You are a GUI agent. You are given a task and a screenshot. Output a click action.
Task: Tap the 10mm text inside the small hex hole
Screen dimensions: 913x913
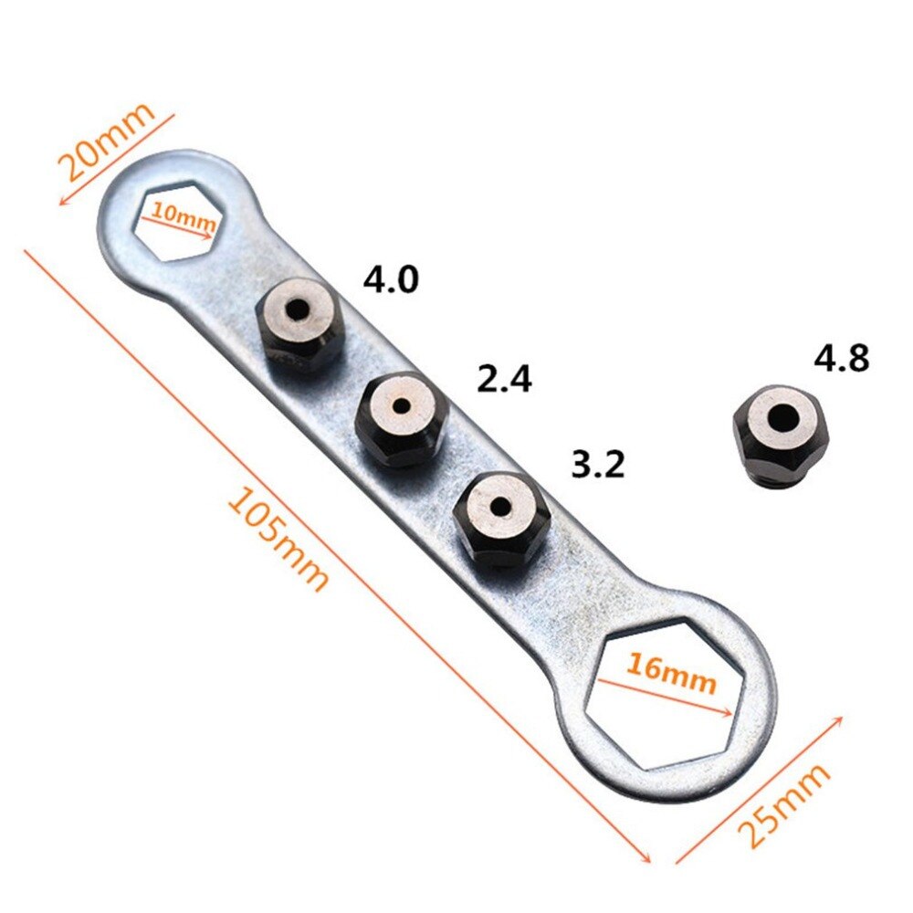(178, 217)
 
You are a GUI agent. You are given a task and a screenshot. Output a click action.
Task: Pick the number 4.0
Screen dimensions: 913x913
(391, 279)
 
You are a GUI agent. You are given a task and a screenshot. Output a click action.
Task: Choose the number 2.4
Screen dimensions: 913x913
(505, 378)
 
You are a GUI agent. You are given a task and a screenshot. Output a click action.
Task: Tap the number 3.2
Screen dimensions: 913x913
(597, 465)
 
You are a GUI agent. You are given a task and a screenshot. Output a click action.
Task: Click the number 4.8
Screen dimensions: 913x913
(842, 358)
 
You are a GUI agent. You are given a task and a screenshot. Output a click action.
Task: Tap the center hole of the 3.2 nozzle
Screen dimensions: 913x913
(501, 503)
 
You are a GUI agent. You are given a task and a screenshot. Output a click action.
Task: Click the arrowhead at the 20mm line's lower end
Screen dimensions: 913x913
(61, 202)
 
